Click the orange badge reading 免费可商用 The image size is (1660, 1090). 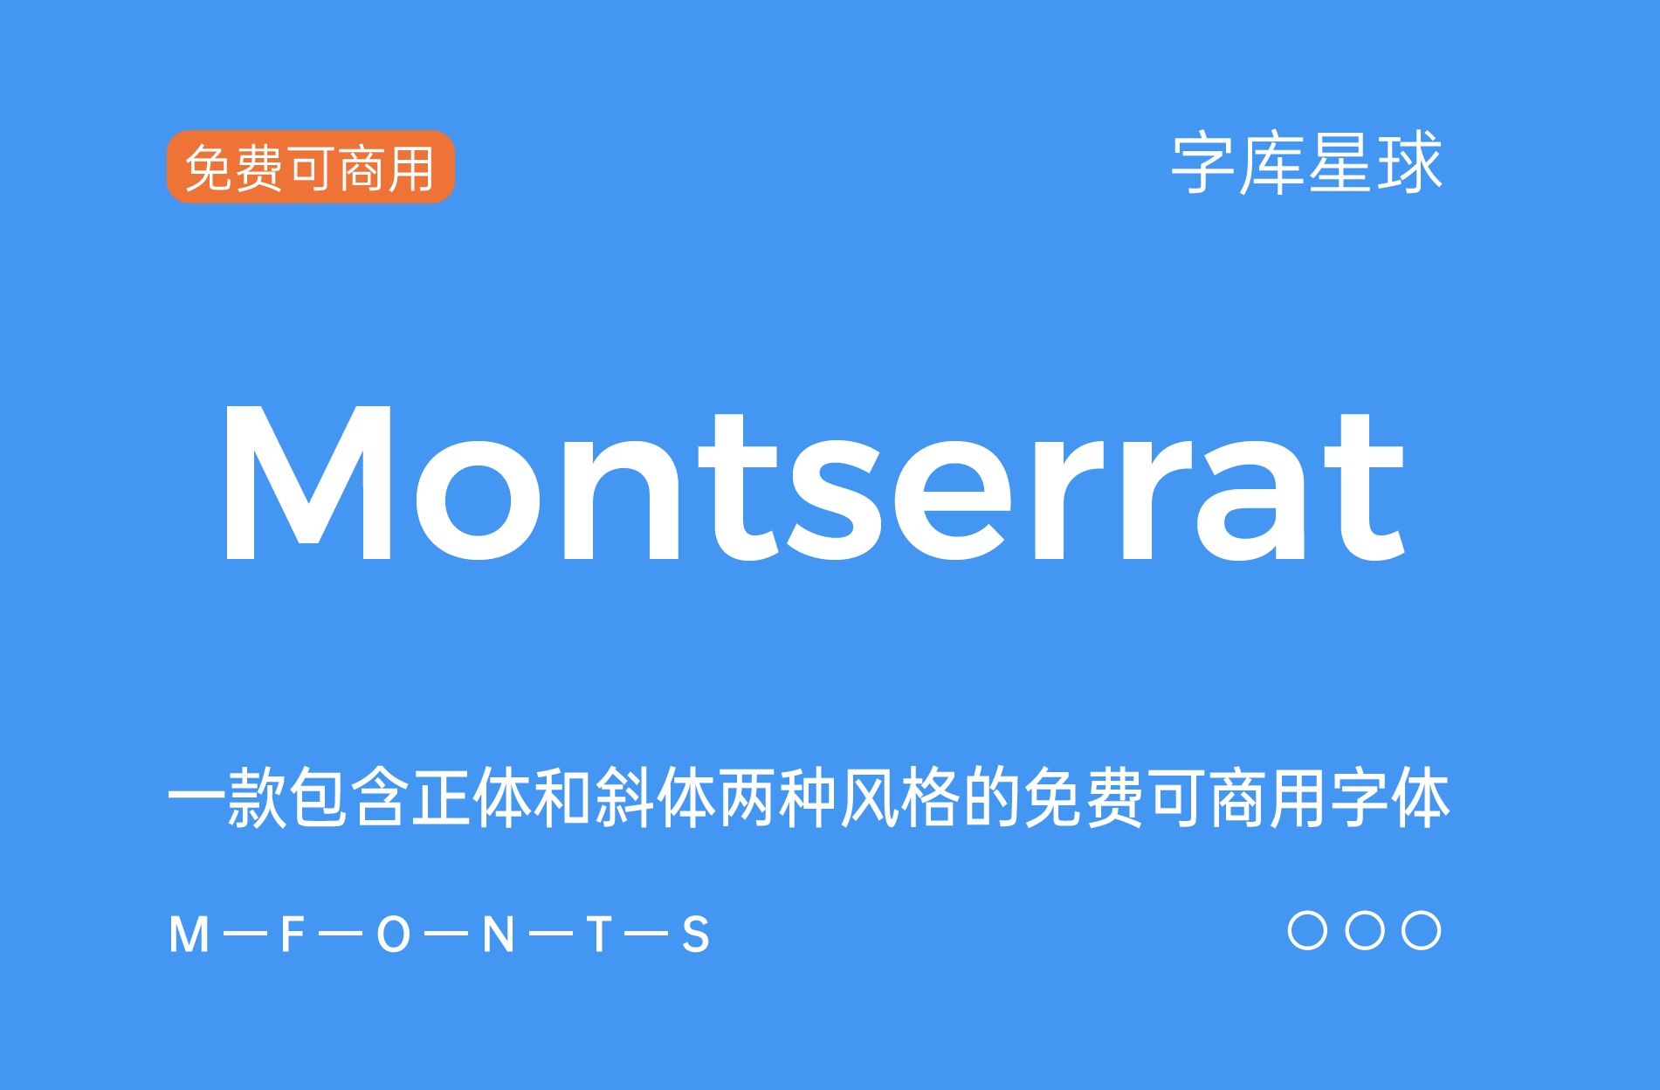(311, 167)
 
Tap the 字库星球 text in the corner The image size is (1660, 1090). (1306, 163)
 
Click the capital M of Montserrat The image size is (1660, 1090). (308, 483)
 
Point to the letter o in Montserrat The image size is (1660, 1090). (477, 500)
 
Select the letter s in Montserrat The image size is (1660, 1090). (833, 500)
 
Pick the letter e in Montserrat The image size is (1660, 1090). (952, 500)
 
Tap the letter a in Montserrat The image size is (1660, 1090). (1250, 500)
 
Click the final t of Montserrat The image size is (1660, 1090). (1364, 489)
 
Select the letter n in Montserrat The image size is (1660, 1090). (621, 500)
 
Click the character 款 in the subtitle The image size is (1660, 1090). (258, 798)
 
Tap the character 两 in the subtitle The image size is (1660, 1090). (748, 798)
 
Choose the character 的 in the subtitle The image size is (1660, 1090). (993, 798)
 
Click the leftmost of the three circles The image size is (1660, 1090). (1307, 930)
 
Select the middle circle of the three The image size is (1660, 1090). (1365, 930)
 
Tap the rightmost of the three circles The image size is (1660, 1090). (1422, 930)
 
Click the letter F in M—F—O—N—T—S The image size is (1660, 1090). (293, 935)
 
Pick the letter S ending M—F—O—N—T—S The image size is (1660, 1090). (696, 935)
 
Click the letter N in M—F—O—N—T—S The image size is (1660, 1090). (499, 935)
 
